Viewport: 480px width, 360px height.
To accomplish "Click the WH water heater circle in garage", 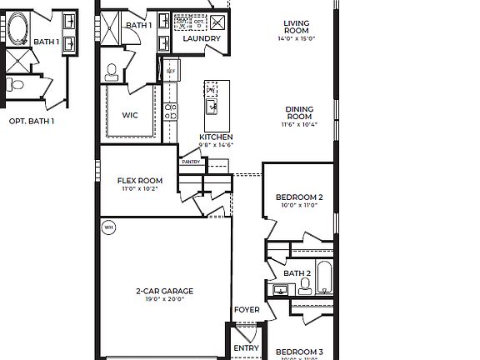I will [x=108, y=227].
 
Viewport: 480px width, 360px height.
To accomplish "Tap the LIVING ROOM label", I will [x=296, y=27].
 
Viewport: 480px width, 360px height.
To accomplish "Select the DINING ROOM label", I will [x=298, y=113].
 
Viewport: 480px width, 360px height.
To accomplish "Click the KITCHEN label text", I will [x=216, y=137].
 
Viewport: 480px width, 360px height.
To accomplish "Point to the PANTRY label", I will [x=191, y=162].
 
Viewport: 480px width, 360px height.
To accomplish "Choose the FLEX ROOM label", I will [x=139, y=181].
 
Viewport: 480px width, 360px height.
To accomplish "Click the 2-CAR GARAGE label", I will [x=165, y=291].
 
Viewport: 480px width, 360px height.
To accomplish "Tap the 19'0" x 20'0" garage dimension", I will [x=165, y=299].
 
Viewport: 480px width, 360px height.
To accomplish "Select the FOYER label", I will [x=247, y=310].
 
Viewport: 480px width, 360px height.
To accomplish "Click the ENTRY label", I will [x=246, y=347].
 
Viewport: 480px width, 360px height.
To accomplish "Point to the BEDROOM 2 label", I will [x=299, y=197].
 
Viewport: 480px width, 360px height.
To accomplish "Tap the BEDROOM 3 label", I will [x=299, y=352].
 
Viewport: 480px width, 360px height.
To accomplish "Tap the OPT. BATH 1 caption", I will [x=32, y=121].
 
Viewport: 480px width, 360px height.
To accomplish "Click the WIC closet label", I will [x=130, y=115].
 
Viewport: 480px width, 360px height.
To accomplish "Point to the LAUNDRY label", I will [x=202, y=38].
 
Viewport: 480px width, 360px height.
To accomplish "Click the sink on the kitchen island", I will [x=212, y=106].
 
